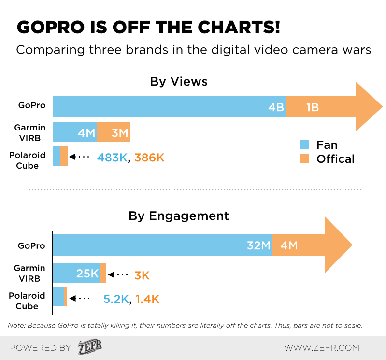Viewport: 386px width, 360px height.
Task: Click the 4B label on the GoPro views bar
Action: (x=276, y=107)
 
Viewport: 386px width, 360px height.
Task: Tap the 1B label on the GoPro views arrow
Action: (x=312, y=107)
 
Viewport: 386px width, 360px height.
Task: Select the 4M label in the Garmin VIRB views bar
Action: (x=86, y=132)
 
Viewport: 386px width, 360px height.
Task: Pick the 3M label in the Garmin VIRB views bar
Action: (x=120, y=132)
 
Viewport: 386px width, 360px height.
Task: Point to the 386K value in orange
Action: (x=150, y=157)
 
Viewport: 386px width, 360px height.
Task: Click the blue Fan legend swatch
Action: (x=304, y=144)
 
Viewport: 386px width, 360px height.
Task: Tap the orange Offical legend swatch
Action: (x=304, y=158)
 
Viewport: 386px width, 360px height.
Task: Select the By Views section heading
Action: (x=179, y=81)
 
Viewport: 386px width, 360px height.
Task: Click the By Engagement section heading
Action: (x=179, y=216)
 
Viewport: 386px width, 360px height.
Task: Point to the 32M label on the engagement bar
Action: (x=258, y=245)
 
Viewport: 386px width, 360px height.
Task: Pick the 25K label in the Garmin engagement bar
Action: (x=87, y=274)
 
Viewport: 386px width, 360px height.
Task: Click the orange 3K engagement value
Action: (x=142, y=275)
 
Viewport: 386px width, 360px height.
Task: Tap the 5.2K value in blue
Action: (x=116, y=299)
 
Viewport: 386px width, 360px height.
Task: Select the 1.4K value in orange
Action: (x=147, y=299)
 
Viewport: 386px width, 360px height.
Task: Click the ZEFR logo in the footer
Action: (x=90, y=347)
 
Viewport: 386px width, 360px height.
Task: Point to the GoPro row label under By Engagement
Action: (x=31, y=245)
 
